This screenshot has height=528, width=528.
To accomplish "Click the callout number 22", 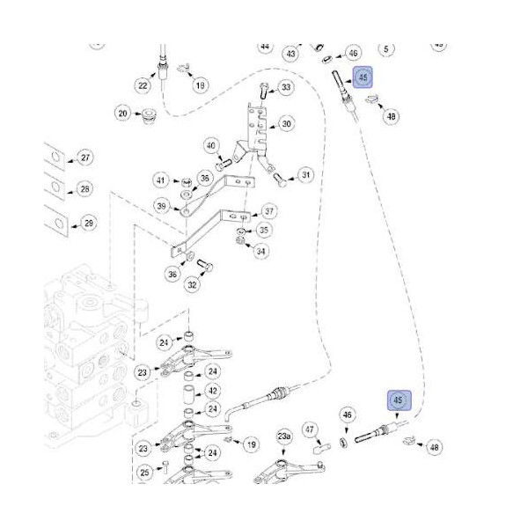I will point(143,85).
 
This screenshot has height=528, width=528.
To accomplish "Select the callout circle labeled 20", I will point(123,113).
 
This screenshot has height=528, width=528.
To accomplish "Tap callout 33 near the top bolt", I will point(286,88).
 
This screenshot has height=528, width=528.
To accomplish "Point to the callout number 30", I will point(286,124).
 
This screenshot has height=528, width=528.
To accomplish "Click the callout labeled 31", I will point(305,175).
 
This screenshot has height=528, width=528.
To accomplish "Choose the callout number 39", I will point(161,206).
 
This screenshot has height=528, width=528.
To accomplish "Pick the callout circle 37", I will point(269,212).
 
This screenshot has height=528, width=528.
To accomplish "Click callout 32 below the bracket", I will point(192,284).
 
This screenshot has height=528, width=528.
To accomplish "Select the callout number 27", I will point(84,158).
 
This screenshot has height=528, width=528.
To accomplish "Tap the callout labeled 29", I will point(88,224).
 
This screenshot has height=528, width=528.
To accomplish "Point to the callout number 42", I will point(212,391).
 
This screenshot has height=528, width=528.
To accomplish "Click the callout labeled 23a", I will point(283,436).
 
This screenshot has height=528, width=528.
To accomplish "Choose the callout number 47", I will point(310,429).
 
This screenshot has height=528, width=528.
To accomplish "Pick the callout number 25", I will point(144,474).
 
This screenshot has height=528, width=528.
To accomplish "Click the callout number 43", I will point(291,54).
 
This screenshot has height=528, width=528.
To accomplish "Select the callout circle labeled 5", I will point(387,49).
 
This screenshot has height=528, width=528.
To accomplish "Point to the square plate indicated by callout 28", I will point(54,189).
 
